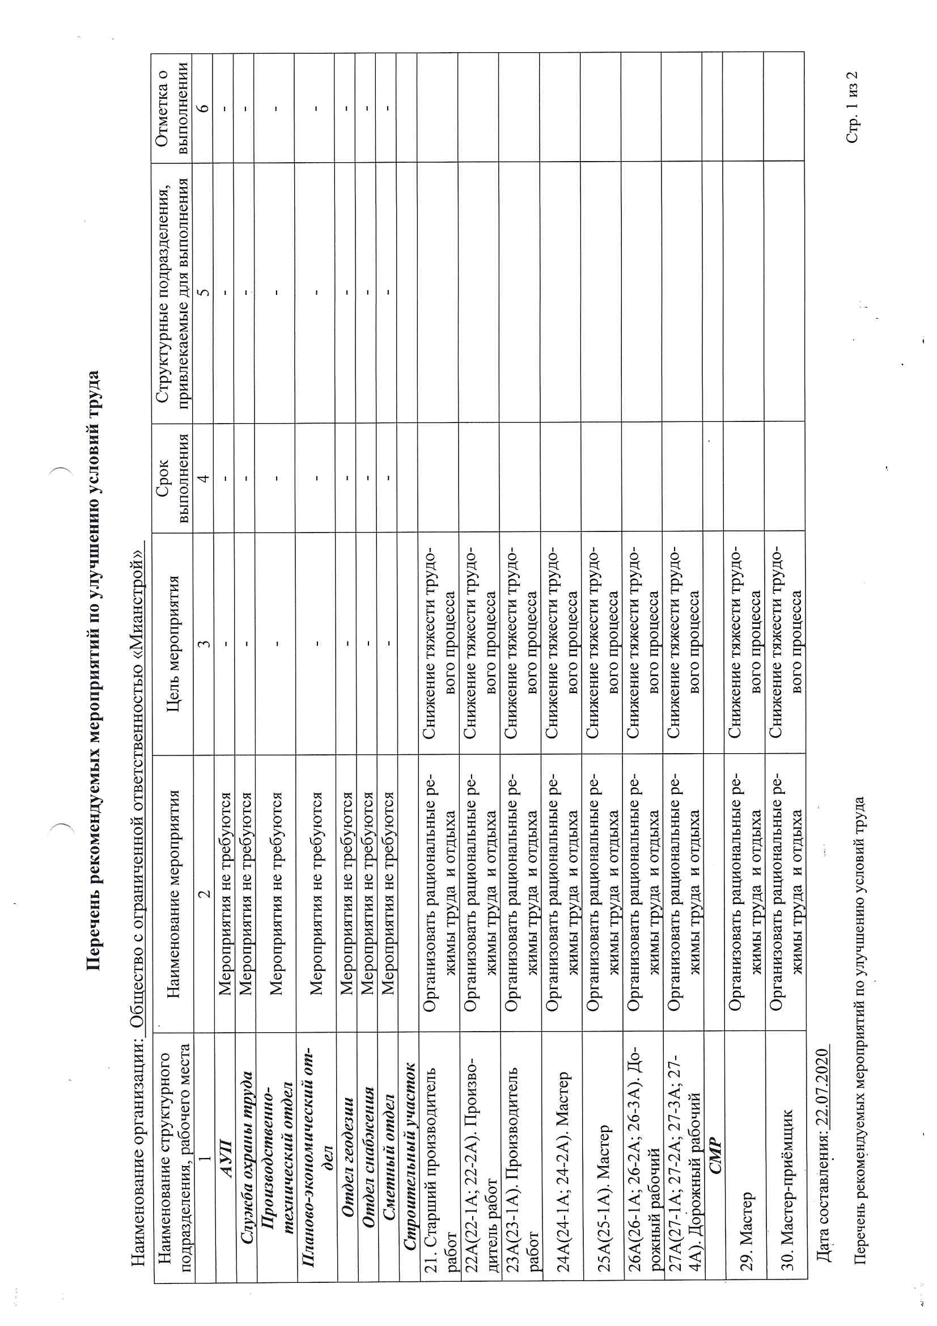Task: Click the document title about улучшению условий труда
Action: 94,670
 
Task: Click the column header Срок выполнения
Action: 173,476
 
